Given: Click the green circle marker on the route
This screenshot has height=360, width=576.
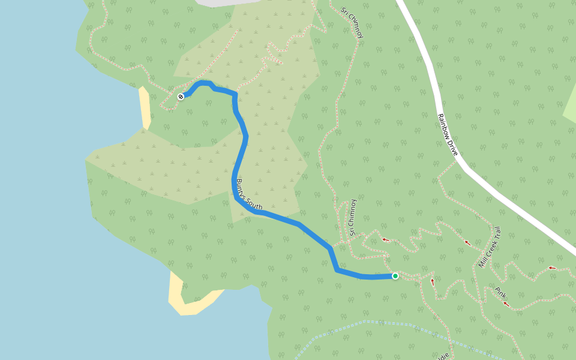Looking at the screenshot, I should tap(395, 276).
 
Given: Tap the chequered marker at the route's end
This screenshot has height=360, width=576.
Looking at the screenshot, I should tap(181, 96).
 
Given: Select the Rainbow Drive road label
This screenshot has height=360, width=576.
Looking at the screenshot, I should tap(448, 135).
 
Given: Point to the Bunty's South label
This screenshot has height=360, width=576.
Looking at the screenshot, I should tap(249, 194).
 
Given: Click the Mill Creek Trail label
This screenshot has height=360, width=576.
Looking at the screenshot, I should tap(489, 247).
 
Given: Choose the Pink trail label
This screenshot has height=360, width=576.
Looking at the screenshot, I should tap(500, 292).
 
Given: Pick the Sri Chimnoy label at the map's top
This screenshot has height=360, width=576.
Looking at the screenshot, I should tap(352, 23).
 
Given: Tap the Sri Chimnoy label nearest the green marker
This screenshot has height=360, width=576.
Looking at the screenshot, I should tap(353, 217).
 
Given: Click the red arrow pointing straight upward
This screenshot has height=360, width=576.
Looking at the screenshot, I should tap(432, 281).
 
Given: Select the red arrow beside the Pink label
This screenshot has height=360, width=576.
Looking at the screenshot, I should tap(507, 304).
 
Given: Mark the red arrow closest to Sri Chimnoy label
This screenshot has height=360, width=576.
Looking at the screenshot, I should tap(386, 240).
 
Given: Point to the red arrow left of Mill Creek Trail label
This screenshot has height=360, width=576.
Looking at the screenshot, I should tap(467, 243).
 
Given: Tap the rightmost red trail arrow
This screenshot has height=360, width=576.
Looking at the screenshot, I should tap(552, 268).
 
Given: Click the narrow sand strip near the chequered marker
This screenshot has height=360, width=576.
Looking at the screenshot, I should tap(145, 108).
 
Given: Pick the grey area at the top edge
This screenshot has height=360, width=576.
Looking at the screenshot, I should tap(228, 2).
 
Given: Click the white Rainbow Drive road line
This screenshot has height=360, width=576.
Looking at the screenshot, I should tap(510, 204).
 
